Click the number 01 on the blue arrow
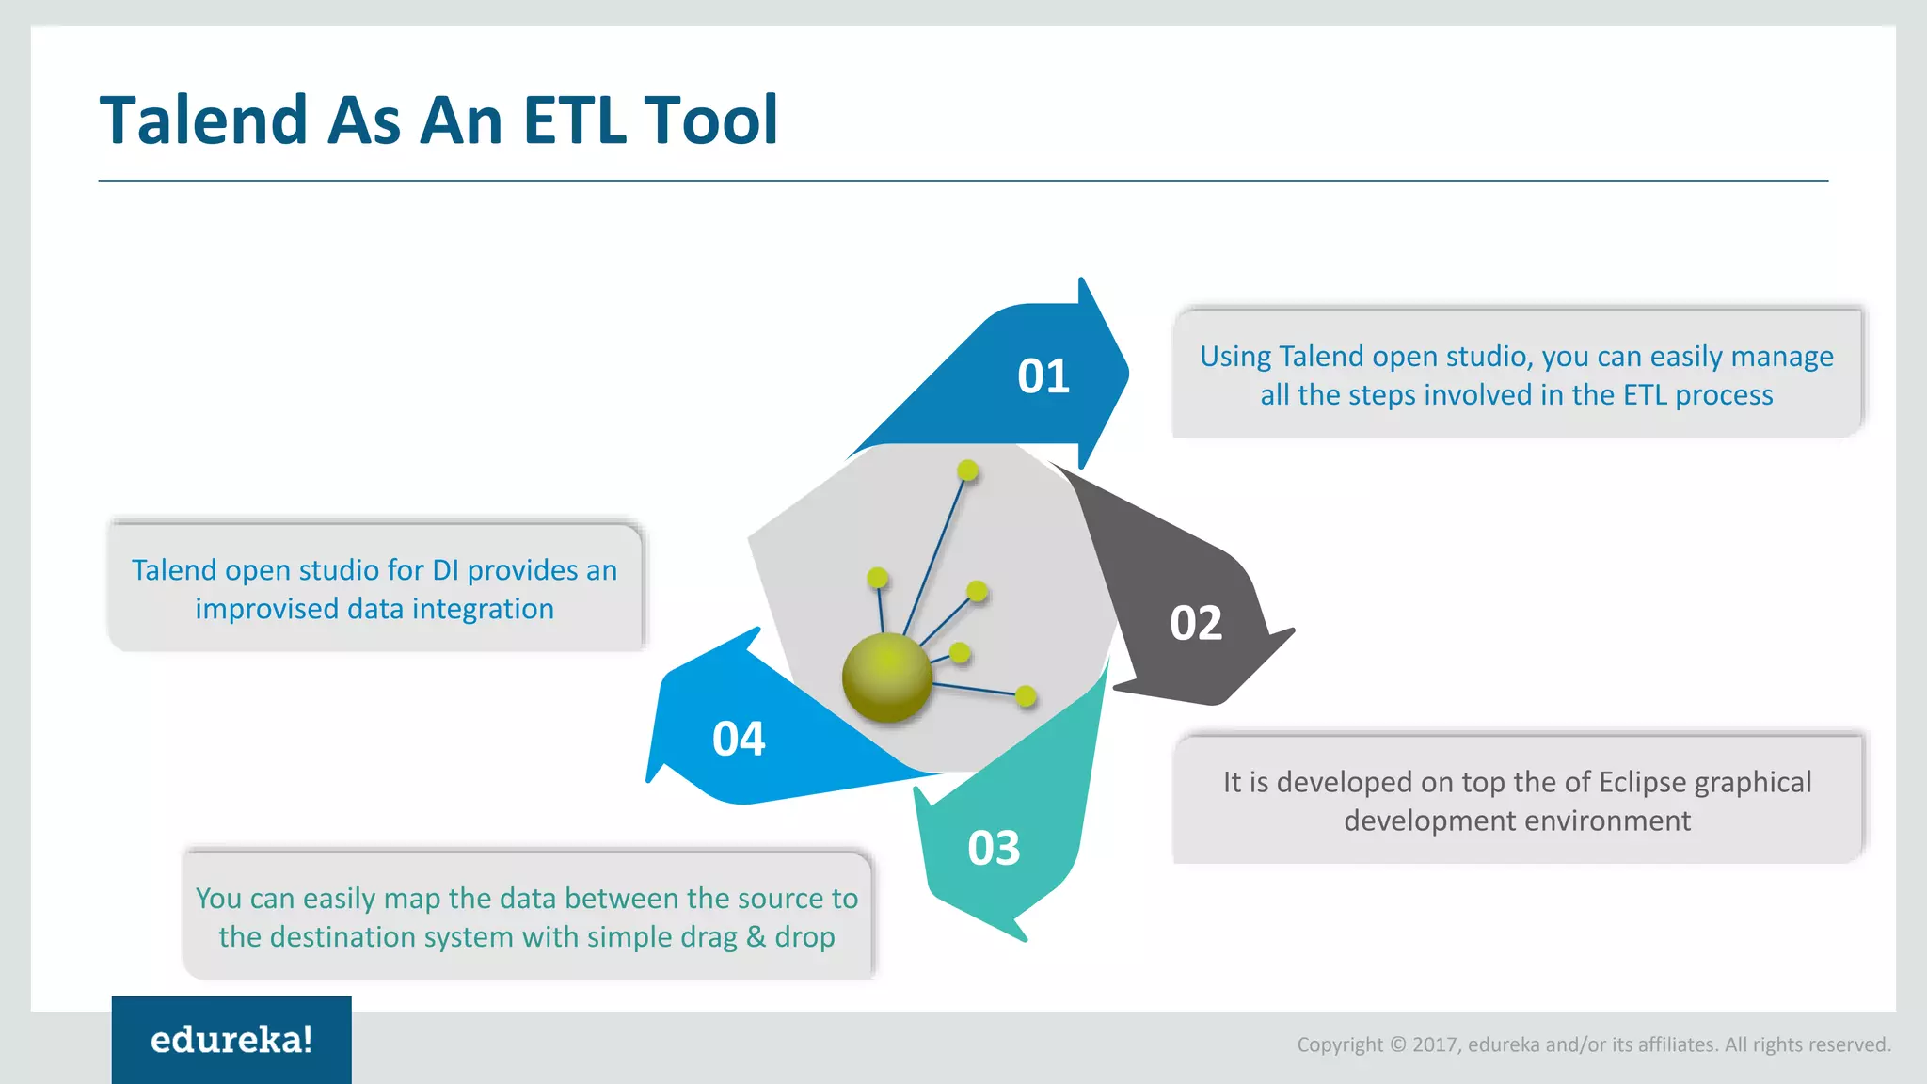click(x=1043, y=376)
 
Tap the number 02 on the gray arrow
click(x=1196, y=623)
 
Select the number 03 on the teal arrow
click(x=994, y=848)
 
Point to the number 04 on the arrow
click(x=739, y=739)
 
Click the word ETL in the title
click(x=574, y=120)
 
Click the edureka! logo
click(x=231, y=1040)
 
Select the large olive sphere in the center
click(x=886, y=677)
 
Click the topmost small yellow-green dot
click(x=967, y=470)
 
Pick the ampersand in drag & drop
click(x=756, y=937)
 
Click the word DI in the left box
click(x=445, y=570)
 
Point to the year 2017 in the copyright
click(x=1435, y=1044)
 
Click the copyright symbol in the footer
click(x=1397, y=1044)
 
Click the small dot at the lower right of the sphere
click(x=1026, y=696)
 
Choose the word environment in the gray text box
click(x=1611, y=821)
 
